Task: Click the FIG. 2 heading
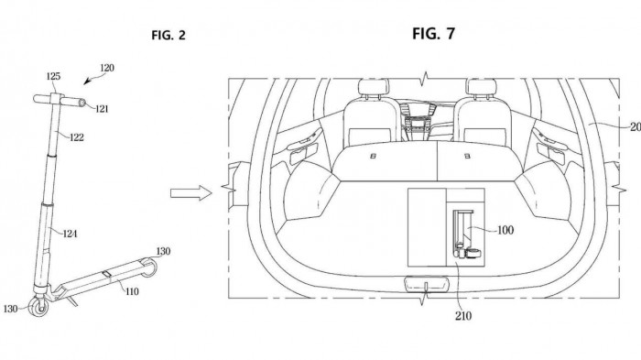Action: click(x=168, y=35)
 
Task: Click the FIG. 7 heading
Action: click(x=433, y=34)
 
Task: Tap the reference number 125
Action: click(x=53, y=76)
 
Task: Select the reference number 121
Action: click(x=103, y=109)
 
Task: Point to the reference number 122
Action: click(x=76, y=137)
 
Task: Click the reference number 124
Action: click(x=70, y=234)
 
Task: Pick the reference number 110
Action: click(x=132, y=291)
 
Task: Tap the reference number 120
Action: click(x=107, y=68)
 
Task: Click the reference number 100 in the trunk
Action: click(x=505, y=230)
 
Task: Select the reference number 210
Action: click(x=462, y=315)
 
